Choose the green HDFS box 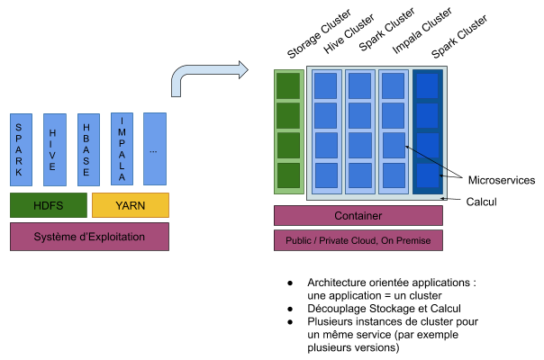coord(48,205)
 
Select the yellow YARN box coord(130,205)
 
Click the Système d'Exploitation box coord(89,236)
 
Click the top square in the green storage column coord(288,85)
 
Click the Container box coord(358,216)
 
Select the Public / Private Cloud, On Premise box coord(358,240)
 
